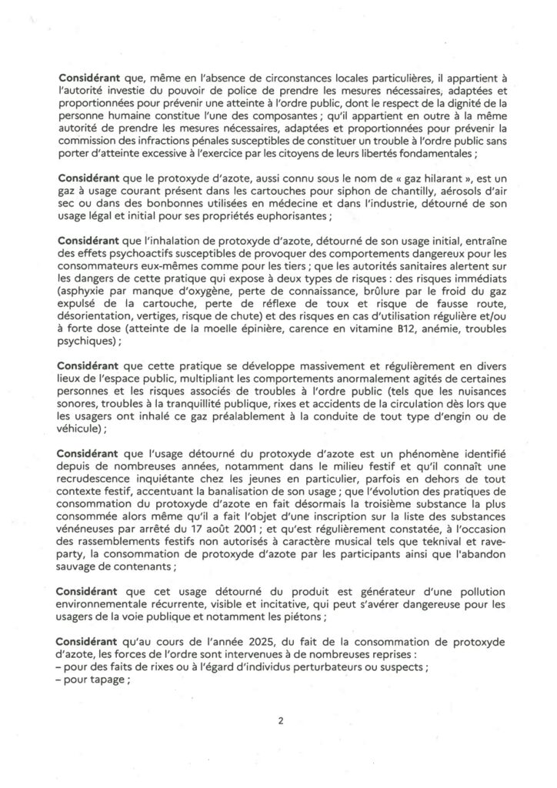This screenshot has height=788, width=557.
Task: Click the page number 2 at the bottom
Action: coord(278,721)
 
